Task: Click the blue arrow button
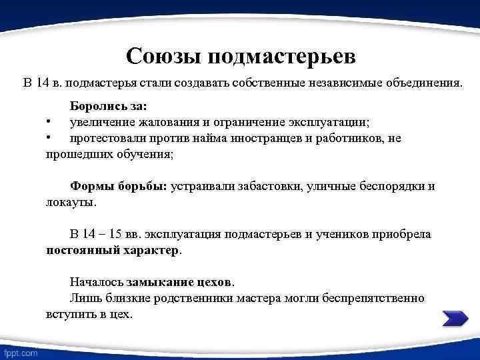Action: pos(455,318)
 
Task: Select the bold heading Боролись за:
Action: pos(109,106)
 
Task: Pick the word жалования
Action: pos(168,122)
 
